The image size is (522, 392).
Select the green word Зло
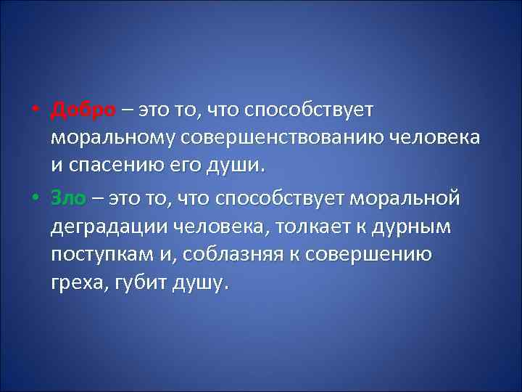pyautogui.click(x=69, y=197)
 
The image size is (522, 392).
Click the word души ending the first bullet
pyautogui.click(x=237, y=166)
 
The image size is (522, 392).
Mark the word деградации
pyautogui.click(x=109, y=226)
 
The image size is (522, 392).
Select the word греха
pyautogui.click(x=77, y=282)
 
